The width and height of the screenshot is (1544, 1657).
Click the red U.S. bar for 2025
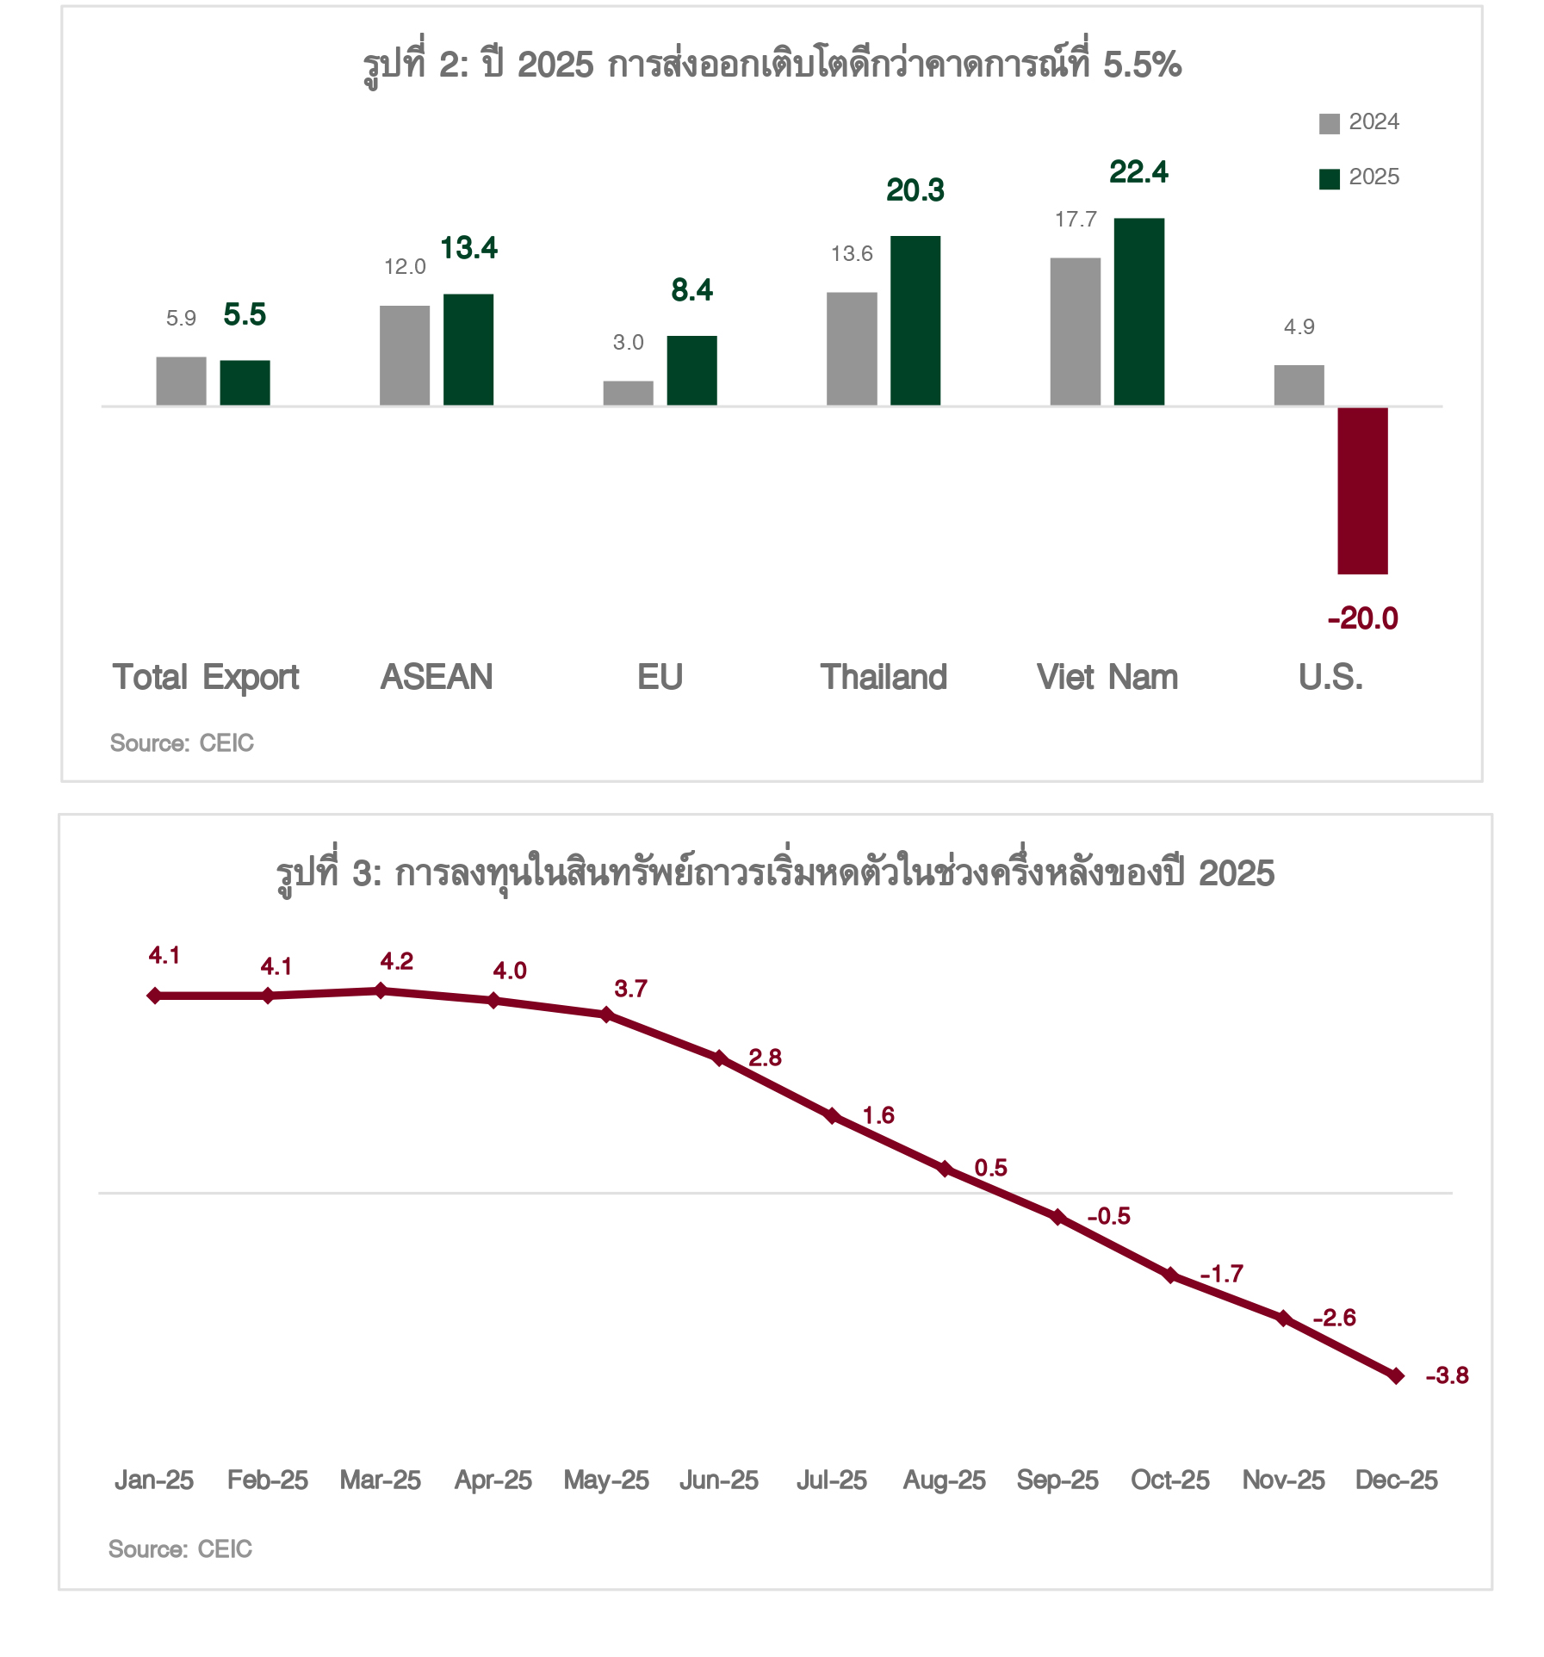click(1362, 490)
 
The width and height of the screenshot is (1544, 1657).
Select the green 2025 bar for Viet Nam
click(1138, 312)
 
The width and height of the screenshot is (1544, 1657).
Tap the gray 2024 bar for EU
click(628, 393)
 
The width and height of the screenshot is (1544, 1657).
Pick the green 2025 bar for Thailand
click(915, 320)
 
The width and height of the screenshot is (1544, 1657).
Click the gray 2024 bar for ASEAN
click(405, 355)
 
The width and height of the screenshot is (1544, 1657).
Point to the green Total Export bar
click(245, 382)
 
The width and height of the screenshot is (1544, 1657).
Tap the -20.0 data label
click(1362, 618)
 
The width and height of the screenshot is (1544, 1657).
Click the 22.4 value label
click(1138, 172)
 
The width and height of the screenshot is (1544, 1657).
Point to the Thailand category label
click(884, 677)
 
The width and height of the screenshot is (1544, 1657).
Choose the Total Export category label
click(206, 677)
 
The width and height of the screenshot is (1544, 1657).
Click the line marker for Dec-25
click(1397, 1375)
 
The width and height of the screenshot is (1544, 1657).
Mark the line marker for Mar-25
click(381, 990)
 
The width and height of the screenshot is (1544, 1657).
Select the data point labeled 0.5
click(945, 1169)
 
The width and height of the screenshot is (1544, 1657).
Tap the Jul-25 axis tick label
click(832, 1480)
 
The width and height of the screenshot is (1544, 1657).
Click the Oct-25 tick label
click(1170, 1480)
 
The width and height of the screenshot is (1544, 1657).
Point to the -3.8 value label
click(1447, 1375)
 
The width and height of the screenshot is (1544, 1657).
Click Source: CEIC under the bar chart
click(182, 743)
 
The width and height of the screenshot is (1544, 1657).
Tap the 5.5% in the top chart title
click(1142, 65)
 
